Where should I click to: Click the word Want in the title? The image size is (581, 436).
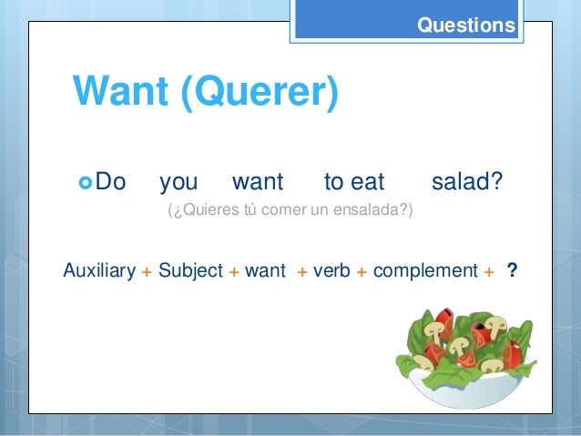pyautogui.click(x=122, y=92)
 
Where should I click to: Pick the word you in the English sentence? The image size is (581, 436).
pyautogui.click(x=178, y=182)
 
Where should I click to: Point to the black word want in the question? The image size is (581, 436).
pyautogui.click(x=258, y=182)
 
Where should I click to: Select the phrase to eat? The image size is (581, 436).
pyautogui.click(x=354, y=182)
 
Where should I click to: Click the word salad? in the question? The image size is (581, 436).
pyautogui.click(x=466, y=182)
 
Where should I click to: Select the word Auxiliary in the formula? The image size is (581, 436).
pyautogui.click(x=99, y=270)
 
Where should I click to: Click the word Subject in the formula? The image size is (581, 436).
pyautogui.click(x=190, y=270)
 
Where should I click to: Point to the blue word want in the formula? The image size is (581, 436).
pyautogui.click(x=266, y=270)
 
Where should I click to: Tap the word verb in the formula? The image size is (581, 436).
pyautogui.click(x=332, y=270)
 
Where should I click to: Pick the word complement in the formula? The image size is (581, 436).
pyautogui.click(x=425, y=270)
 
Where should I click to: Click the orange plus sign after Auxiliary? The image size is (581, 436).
pyautogui.click(x=147, y=271)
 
